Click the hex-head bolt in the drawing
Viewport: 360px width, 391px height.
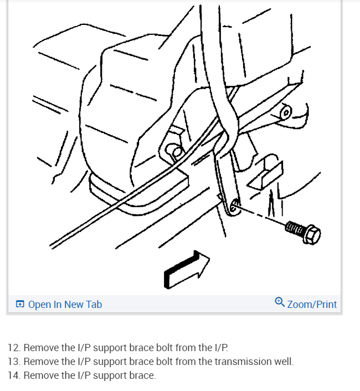[304, 231]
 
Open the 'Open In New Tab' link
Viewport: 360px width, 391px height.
[65, 304]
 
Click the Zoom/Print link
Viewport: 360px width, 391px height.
[312, 304]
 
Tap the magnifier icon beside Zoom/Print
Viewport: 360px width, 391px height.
[280, 302]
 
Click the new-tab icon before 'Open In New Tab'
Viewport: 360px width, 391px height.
[20, 304]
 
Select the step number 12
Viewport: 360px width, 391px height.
[14, 348]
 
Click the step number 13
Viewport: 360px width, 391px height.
[14, 362]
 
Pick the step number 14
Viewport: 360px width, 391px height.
[14, 375]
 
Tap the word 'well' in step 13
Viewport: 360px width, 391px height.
[284, 362]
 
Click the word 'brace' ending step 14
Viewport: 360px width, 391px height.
[143, 375]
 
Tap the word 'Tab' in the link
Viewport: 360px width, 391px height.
[94, 304]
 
